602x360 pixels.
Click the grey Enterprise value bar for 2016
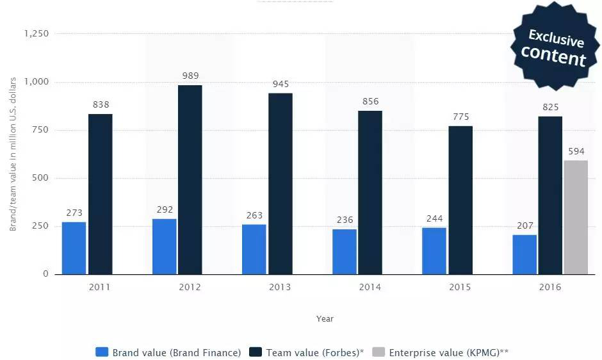[x=576, y=217]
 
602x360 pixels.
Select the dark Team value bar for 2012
[x=190, y=179]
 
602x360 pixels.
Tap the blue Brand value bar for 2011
[x=74, y=248]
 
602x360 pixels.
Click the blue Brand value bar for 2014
[x=345, y=251]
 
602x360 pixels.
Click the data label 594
[x=576, y=151]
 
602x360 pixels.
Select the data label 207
[x=525, y=225]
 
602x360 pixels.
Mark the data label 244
[x=435, y=218]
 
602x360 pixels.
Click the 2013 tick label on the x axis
[x=280, y=287]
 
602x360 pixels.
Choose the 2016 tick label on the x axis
[x=550, y=287]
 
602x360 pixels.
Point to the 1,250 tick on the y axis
[x=37, y=33]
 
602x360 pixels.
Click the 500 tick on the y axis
[x=41, y=178]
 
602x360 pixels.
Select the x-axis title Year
[x=325, y=318]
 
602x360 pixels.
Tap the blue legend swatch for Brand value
[x=101, y=352]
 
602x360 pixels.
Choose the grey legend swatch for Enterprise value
[x=378, y=352]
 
